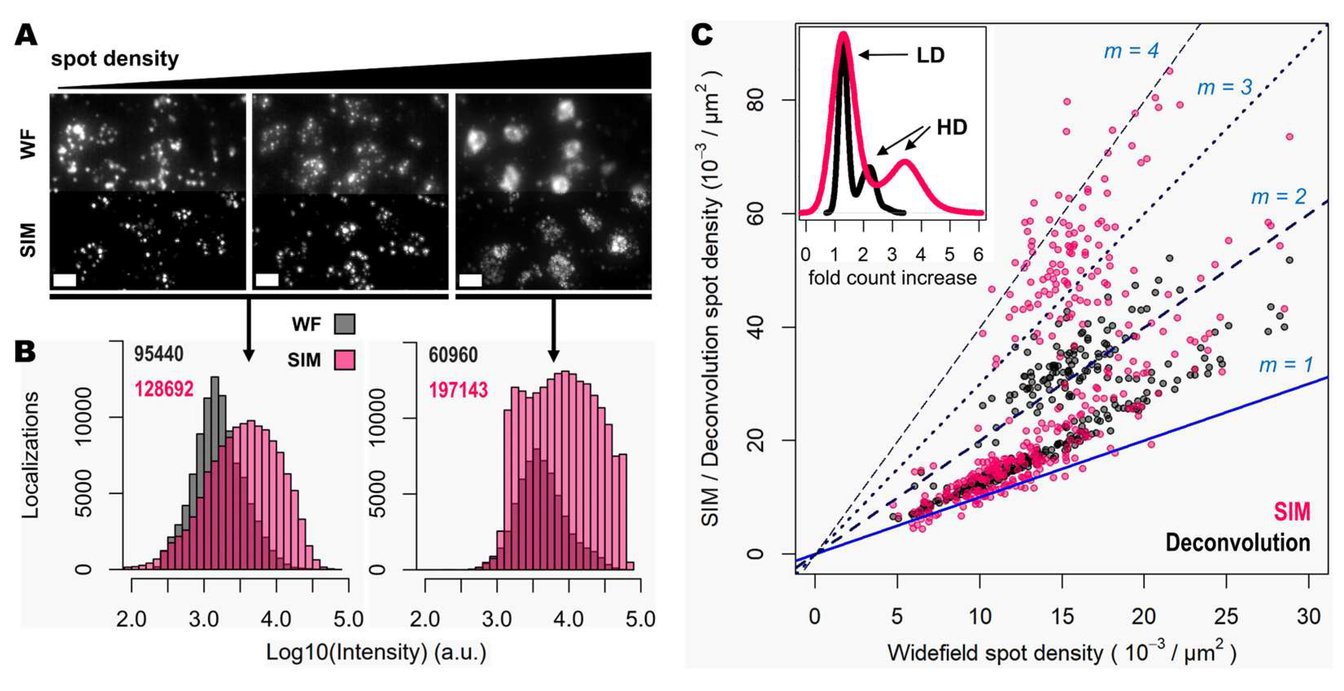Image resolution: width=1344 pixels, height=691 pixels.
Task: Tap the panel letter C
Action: click(x=702, y=35)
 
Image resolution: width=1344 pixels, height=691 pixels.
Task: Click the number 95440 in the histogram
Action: click(x=159, y=354)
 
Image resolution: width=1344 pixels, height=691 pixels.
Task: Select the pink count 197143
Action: click(x=458, y=390)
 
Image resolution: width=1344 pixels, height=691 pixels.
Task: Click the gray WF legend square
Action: click(x=345, y=324)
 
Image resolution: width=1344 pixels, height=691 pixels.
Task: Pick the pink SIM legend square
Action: click(x=345, y=360)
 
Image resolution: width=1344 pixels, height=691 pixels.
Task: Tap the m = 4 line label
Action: click(x=1131, y=50)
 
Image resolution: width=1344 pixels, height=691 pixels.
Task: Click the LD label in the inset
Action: click(x=930, y=55)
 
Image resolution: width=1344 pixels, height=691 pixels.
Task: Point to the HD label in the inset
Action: click(x=951, y=127)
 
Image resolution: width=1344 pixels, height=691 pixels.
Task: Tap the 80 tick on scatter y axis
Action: click(x=755, y=100)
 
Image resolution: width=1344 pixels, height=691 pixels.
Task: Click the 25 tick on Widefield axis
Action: click(x=1226, y=617)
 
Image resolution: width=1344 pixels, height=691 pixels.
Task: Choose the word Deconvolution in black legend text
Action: click(x=1237, y=543)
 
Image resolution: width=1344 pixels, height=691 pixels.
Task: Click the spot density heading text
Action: click(x=115, y=59)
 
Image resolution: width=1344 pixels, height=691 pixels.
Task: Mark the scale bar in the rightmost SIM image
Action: click(x=470, y=280)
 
